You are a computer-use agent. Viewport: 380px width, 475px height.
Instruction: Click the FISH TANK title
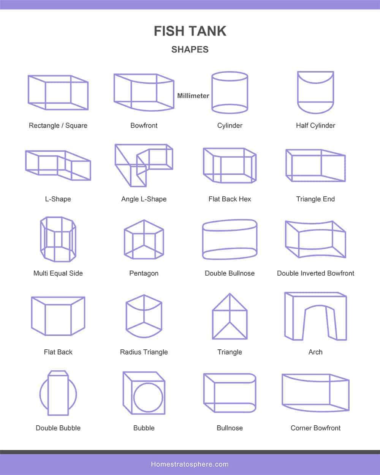[x=190, y=31]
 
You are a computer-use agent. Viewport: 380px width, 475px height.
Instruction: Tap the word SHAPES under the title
[x=190, y=49]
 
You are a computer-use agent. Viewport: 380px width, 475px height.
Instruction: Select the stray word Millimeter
[x=193, y=96]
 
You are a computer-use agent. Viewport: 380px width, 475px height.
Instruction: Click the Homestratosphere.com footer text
[x=190, y=464]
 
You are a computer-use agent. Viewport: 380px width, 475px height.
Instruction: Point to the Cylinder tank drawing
[x=212, y=93]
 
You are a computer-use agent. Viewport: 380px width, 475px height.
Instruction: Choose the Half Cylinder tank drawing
[x=298, y=93]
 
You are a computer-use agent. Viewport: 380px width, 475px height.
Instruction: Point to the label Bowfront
[x=144, y=125]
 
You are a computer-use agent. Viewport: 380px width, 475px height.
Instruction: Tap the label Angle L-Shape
[x=144, y=199]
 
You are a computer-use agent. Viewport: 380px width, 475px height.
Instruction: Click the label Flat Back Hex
[x=230, y=199]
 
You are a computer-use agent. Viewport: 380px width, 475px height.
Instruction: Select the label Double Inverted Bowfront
[x=315, y=273]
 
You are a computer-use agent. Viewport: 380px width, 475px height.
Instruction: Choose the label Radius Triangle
[x=144, y=352]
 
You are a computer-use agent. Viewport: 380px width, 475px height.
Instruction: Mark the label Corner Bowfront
[x=315, y=428]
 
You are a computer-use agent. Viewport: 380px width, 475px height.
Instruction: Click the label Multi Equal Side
[x=58, y=273]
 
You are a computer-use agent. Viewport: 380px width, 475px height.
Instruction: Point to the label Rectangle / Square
[x=58, y=125]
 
